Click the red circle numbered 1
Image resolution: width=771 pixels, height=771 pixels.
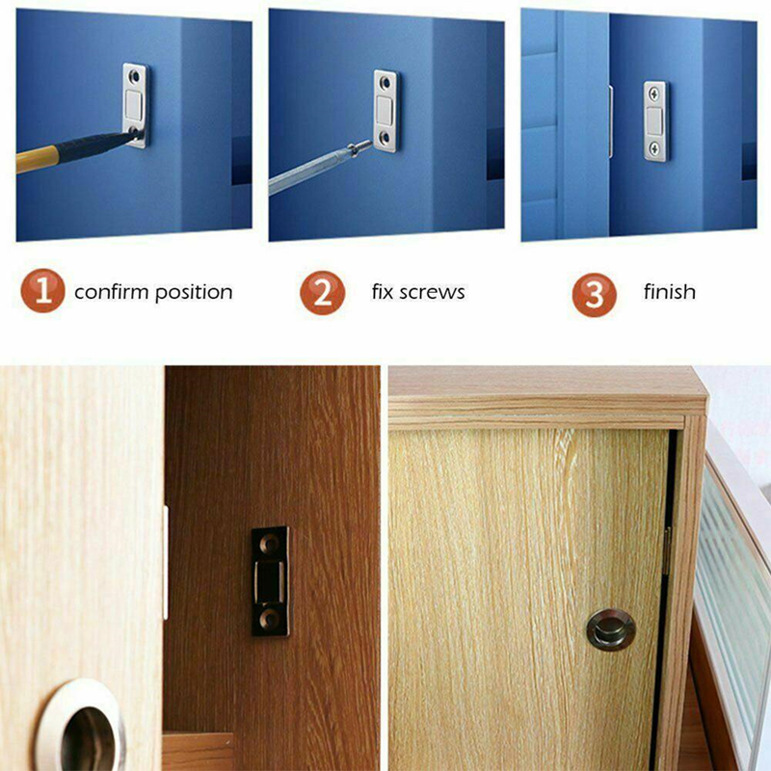pyautogui.click(x=42, y=291)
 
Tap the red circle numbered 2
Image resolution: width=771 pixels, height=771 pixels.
pyautogui.click(x=323, y=293)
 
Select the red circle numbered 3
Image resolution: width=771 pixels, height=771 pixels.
pyautogui.click(x=595, y=295)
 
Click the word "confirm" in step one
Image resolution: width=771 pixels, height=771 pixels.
pyautogui.click(x=111, y=292)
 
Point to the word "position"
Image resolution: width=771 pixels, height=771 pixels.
pyautogui.click(x=194, y=293)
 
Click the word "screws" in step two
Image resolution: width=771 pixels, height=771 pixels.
pyautogui.click(x=432, y=293)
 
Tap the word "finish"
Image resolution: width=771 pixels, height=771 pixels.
pyautogui.click(x=670, y=292)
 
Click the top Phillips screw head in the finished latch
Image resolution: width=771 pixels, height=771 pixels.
pyautogui.click(x=654, y=93)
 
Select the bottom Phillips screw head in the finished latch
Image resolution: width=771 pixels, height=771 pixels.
pyautogui.click(x=654, y=147)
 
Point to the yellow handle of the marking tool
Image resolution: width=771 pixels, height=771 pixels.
pyautogui.click(x=38, y=158)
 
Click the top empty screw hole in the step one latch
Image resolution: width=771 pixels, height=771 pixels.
pyautogui.click(x=134, y=77)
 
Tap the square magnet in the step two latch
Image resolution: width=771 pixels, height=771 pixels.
pyautogui.click(x=384, y=111)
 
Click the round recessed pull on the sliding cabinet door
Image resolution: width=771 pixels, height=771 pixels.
pyautogui.click(x=611, y=629)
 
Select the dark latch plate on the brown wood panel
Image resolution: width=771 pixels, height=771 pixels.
pyautogui.click(x=271, y=581)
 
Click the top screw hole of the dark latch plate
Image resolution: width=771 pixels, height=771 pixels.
pyautogui.click(x=270, y=543)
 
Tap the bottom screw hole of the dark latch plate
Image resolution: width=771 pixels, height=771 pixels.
pyautogui.click(x=270, y=618)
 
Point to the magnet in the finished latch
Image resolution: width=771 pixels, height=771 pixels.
pyautogui.click(x=654, y=121)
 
